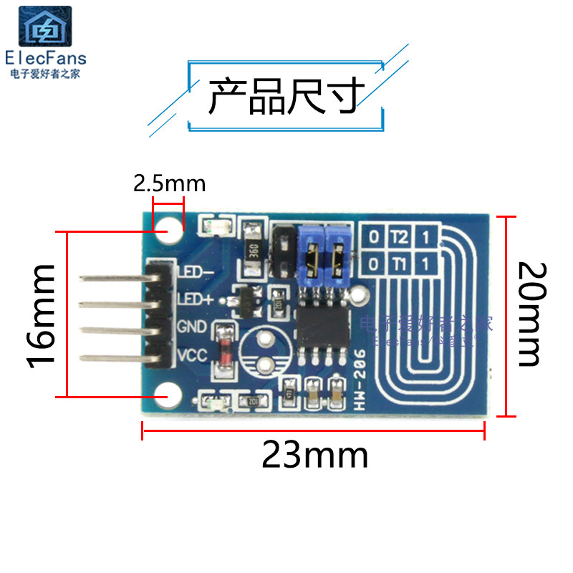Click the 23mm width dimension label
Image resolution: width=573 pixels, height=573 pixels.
click(x=314, y=455)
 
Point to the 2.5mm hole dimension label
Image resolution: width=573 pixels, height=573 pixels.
click(x=169, y=184)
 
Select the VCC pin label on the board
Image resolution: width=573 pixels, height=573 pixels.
click(x=192, y=355)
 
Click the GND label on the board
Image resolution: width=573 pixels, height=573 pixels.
click(x=191, y=327)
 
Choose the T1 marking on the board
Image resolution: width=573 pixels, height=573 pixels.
click(x=398, y=263)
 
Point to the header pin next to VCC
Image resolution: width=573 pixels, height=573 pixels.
click(x=115, y=355)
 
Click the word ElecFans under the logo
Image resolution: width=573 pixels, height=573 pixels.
click(x=45, y=58)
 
